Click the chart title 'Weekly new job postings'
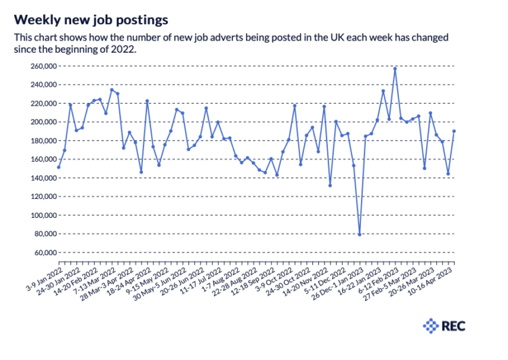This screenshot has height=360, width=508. [x=91, y=20]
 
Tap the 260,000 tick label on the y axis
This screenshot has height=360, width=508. [x=44, y=66]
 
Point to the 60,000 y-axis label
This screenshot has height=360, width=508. [x=45, y=252]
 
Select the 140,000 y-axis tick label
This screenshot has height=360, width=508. [x=44, y=178]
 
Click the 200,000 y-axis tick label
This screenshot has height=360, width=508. [x=44, y=122]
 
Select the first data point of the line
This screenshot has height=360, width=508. [x=59, y=167]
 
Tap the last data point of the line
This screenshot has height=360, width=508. [x=454, y=131]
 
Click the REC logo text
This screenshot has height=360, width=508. [x=453, y=326]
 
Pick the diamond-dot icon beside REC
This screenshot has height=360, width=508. [x=431, y=326]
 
